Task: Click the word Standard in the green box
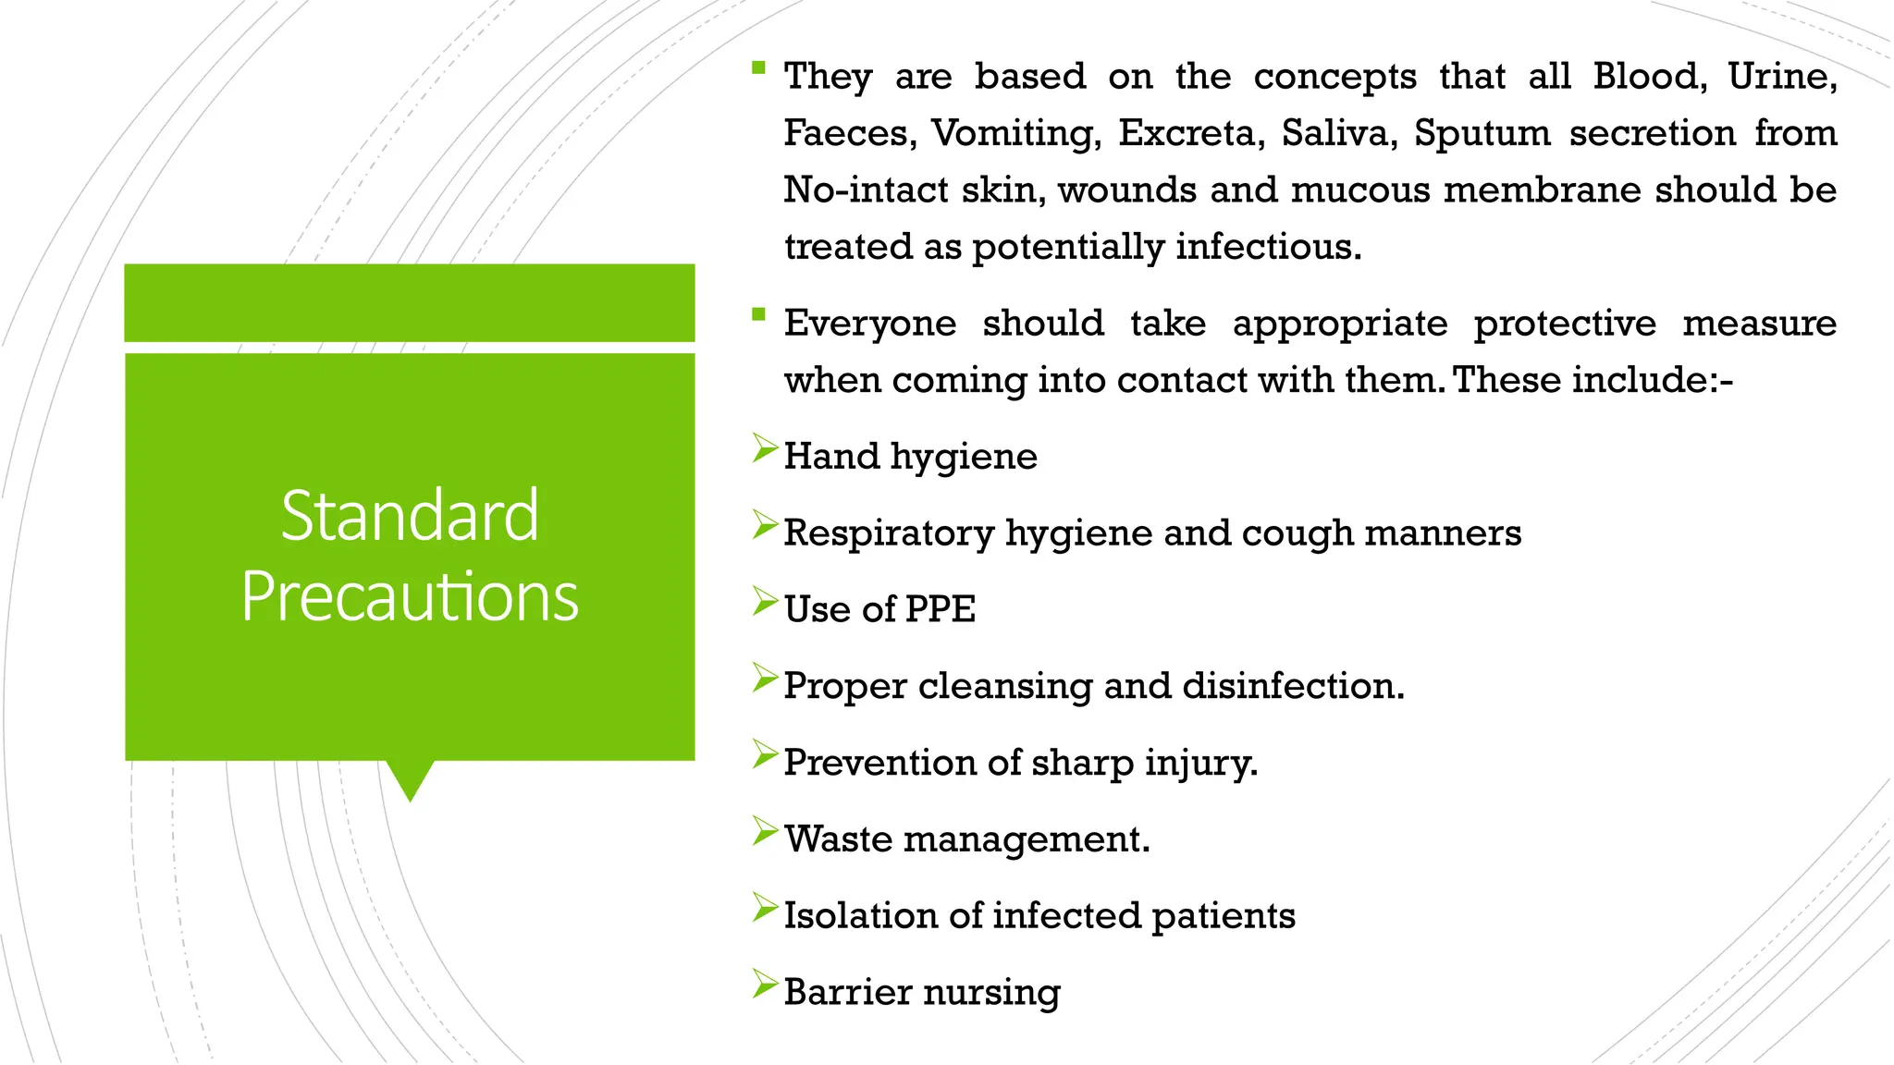(409, 516)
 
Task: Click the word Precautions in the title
(409, 597)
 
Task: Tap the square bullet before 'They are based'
(759, 67)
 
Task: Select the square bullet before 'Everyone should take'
(759, 314)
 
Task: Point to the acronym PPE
(940, 609)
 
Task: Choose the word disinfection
(1292, 686)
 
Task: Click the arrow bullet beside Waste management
(765, 831)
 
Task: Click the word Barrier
(847, 992)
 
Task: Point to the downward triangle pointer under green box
(410, 778)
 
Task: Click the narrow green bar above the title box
(409, 302)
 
